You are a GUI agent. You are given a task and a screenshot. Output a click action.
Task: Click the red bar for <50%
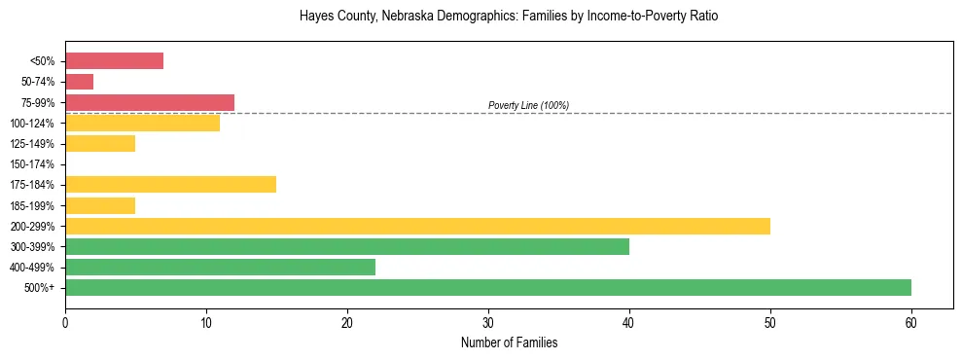(x=114, y=61)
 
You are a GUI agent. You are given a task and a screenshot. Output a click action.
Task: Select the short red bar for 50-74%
(x=79, y=82)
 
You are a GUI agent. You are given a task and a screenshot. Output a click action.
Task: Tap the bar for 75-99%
(x=150, y=102)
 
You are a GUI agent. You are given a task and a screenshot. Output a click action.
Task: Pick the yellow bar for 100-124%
(x=142, y=123)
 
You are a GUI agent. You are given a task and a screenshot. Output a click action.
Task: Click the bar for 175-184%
(x=170, y=184)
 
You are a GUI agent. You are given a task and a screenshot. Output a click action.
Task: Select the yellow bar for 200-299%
(x=417, y=226)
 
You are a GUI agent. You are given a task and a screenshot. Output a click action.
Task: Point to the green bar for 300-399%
(x=347, y=246)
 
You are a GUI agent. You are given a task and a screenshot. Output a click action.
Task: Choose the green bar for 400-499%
(x=220, y=267)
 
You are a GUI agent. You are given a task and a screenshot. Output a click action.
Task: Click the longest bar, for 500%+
(x=488, y=287)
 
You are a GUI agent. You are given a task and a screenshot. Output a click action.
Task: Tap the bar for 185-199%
(x=100, y=205)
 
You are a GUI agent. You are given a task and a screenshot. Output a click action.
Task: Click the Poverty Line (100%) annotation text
(x=528, y=105)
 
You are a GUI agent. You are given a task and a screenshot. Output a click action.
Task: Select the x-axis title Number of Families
(x=510, y=343)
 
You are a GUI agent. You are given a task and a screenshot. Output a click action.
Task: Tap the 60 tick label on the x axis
(x=911, y=323)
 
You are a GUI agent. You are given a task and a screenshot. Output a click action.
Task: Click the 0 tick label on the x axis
(x=65, y=323)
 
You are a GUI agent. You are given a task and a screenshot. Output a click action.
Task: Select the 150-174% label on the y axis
(x=32, y=164)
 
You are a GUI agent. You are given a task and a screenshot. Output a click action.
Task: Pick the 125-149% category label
(x=32, y=144)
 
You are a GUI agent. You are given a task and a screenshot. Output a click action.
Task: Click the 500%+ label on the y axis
(x=40, y=288)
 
